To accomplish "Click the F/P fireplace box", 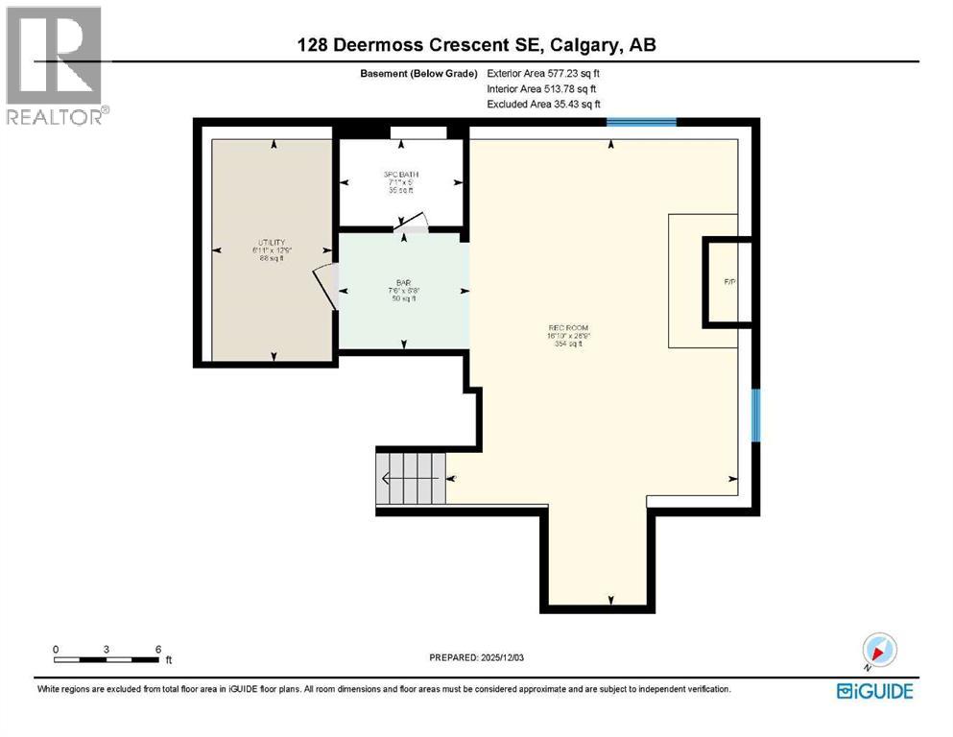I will click(728, 281).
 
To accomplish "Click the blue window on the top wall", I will click(641, 122).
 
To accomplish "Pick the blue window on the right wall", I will click(756, 416).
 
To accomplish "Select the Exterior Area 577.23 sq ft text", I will click(547, 73).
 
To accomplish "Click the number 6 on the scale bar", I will click(157, 649).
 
